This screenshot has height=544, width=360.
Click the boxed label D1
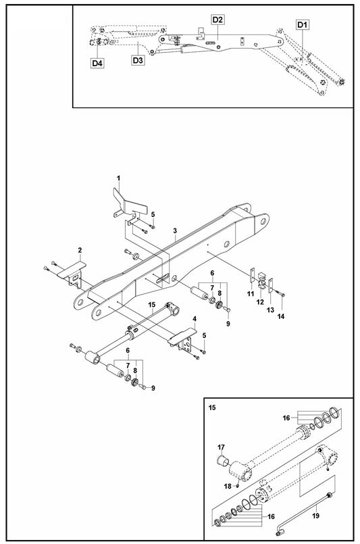(302, 24)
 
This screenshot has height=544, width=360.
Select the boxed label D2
(217, 20)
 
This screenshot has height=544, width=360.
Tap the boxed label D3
(137, 61)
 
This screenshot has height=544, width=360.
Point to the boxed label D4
(97, 63)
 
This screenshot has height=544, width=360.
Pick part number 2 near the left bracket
(80, 251)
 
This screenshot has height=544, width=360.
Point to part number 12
(261, 301)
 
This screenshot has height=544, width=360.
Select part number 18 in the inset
(227, 486)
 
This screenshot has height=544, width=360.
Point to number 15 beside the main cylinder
(152, 305)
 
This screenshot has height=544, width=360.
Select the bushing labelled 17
(221, 462)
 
